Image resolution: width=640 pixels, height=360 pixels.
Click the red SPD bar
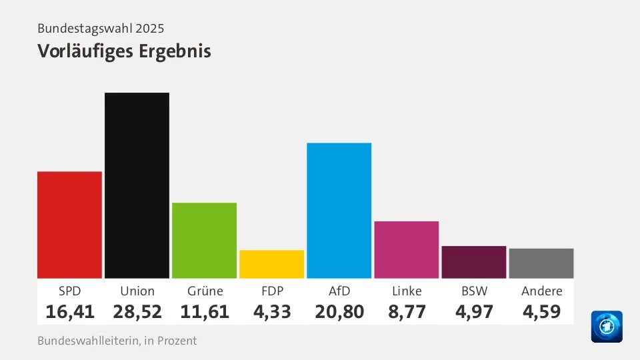point(69,225)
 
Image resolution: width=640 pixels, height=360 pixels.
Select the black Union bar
point(137,185)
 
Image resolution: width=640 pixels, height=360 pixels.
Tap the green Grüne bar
point(204,240)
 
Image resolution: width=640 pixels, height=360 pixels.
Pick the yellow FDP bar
point(271,264)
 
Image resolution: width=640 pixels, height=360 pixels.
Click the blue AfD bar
point(339,211)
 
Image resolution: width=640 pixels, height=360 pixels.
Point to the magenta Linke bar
point(406,249)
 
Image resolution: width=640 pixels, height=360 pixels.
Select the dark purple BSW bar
point(473,262)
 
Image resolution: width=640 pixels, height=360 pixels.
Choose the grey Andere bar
point(541,263)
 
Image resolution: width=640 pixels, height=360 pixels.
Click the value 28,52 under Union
point(137,311)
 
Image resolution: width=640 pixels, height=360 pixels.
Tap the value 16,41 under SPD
point(70,311)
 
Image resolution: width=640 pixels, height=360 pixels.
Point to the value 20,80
point(339,311)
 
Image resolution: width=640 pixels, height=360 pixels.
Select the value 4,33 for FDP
point(271,311)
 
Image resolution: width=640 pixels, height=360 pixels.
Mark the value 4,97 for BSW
point(473,311)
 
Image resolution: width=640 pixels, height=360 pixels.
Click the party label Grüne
point(204,291)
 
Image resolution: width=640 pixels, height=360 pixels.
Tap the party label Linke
point(406,291)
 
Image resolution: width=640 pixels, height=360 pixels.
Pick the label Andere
point(541,291)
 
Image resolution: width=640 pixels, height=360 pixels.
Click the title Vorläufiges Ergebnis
point(124,51)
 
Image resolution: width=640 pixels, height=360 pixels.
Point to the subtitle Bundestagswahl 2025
point(101,29)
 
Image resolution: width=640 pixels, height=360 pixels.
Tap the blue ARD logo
point(606,327)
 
